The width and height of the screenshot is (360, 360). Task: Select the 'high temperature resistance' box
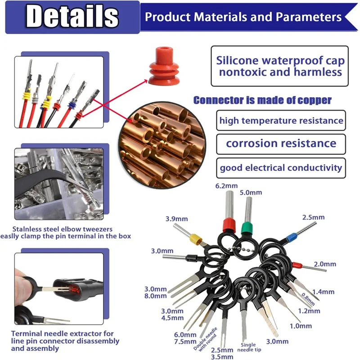(x=281, y=121)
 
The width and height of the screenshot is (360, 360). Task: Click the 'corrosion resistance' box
(x=281, y=144)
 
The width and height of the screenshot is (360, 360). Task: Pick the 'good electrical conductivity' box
(x=281, y=168)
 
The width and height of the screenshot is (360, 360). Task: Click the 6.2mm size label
(x=227, y=185)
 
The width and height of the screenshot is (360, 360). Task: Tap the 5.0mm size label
(x=250, y=193)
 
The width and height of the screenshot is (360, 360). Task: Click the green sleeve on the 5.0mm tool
(x=246, y=227)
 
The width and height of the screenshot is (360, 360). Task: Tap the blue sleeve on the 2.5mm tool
(x=291, y=235)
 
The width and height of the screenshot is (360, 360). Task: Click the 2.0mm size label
(x=325, y=264)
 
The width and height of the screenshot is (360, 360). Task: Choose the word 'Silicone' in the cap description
(x=238, y=60)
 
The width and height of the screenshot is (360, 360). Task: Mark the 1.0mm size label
(x=300, y=325)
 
